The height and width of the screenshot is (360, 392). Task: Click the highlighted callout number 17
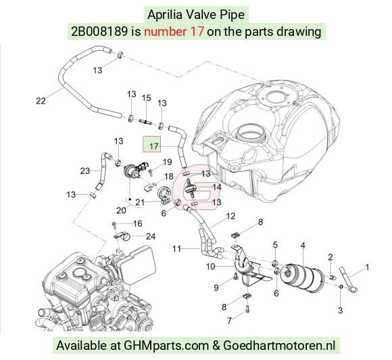pos(154,146)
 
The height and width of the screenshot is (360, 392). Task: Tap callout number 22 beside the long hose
pos(41,101)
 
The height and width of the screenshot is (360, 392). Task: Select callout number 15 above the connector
pos(147,97)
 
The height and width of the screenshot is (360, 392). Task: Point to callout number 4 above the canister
pos(303,245)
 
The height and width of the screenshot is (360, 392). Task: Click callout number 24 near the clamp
pos(151,236)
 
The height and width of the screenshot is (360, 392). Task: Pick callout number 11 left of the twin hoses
pos(176,249)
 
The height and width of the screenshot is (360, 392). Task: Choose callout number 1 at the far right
pos(367,267)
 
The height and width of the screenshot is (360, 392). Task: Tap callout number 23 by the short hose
pos(85,171)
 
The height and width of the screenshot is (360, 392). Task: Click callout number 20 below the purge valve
pos(121,210)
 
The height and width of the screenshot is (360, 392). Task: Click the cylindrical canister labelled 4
pos(303,277)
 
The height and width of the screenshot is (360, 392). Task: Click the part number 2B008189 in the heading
pos(99,32)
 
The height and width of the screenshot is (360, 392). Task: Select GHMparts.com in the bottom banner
pos(166,346)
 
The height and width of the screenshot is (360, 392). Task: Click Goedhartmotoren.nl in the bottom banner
pos(279,346)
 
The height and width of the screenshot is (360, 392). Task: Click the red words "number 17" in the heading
pos(174,32)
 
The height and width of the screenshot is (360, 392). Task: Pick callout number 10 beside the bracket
pos(210,267)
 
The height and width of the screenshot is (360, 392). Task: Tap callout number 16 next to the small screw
pos(138,223)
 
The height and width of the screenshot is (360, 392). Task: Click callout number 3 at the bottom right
pos(340,310)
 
